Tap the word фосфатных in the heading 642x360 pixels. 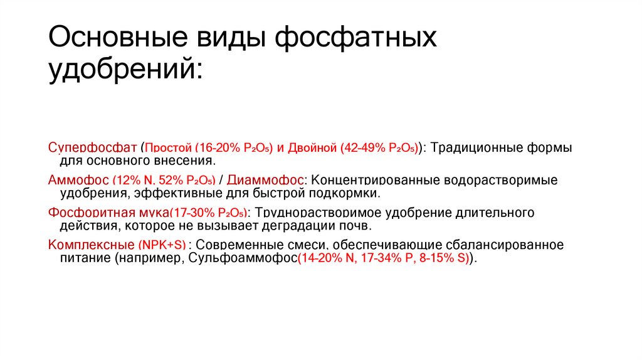(358, 39)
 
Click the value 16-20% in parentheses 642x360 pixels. (216, 149)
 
